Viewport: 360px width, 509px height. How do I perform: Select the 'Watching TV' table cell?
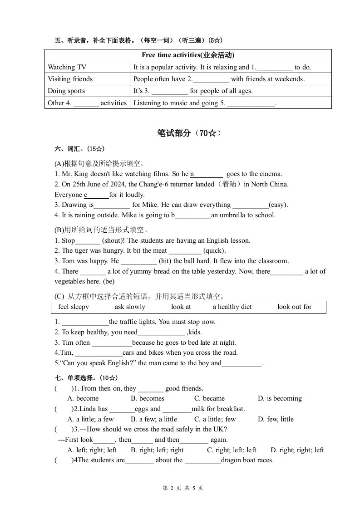(x=67, y=67)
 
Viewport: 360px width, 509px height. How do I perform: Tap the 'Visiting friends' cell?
(x=70, y=79)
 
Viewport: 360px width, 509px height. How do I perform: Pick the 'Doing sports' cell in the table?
(x=66, y=91)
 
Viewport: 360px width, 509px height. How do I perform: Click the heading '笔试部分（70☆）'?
(x=189, y=133)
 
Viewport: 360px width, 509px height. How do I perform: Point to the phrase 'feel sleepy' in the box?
(x=74, y=307)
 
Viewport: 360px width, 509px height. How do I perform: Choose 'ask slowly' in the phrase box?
(x=130, y=307)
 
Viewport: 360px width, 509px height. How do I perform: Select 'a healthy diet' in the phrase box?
(x=232, y=307)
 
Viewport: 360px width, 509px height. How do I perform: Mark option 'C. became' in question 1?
(x=209, y=398)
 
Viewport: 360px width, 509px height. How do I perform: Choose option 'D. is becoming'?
(x=280, y=398)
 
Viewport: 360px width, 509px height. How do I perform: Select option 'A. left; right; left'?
(x=92, y=450)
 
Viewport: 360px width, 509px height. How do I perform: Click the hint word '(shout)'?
(x=113, y=240)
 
